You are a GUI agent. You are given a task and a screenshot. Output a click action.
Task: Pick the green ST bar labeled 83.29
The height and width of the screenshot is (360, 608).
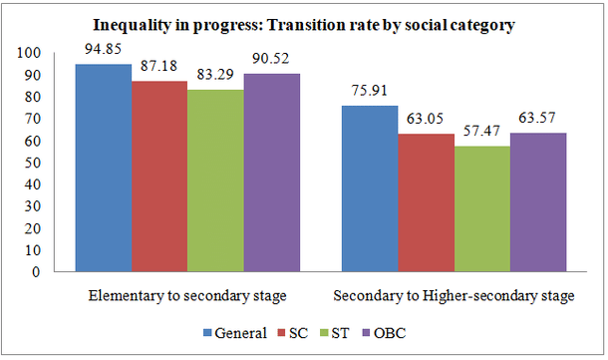(x=216, y=180)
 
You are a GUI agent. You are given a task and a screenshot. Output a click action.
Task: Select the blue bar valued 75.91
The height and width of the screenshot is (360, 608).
(x=369, y=188)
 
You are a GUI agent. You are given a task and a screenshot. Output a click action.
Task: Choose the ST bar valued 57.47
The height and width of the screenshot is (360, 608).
(x=481, y=208)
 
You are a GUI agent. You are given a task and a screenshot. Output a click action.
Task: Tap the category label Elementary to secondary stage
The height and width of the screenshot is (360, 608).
(x=186, y=296)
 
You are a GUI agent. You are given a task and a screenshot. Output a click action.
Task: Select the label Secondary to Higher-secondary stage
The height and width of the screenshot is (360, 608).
(x=455, y=296)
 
